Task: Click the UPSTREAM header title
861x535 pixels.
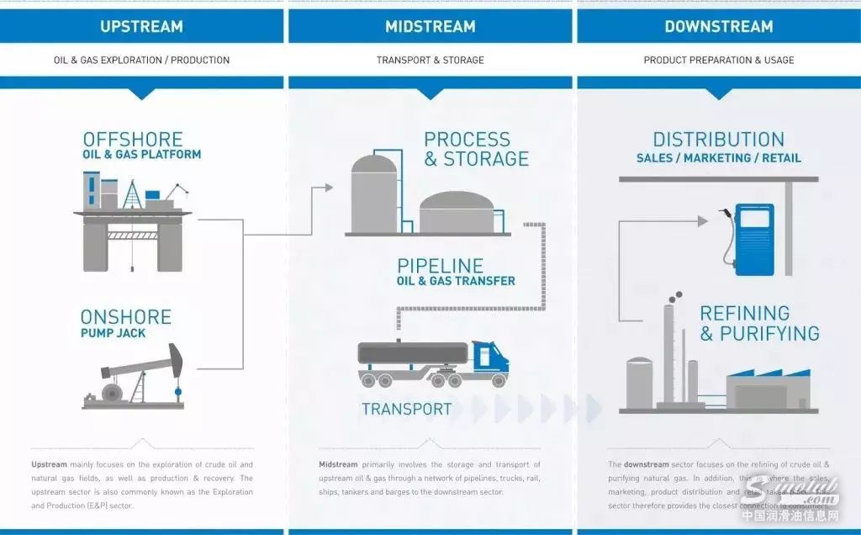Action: pos(141,26)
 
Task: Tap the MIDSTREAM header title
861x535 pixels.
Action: pos(430,26)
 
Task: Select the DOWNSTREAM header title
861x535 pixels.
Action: pos(718,26)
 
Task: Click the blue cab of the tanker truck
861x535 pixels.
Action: pos(489,357)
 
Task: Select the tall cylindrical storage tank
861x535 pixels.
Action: pos(373,193)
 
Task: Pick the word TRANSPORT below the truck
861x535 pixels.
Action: pos(406,410)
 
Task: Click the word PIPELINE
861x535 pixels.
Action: pos(441,266)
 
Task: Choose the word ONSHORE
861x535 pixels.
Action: pos(125,317)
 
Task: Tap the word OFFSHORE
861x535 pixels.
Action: pos(132,139)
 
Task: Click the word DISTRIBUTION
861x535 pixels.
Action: pos(718,140)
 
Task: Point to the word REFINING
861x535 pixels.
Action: pos(745,313)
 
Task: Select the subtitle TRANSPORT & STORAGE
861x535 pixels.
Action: pos(430,61)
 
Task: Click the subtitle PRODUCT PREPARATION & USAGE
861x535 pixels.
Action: pos(718,61)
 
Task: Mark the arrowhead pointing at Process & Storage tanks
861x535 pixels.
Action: pos(329,188)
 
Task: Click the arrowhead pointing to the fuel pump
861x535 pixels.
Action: pos(703,220)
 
